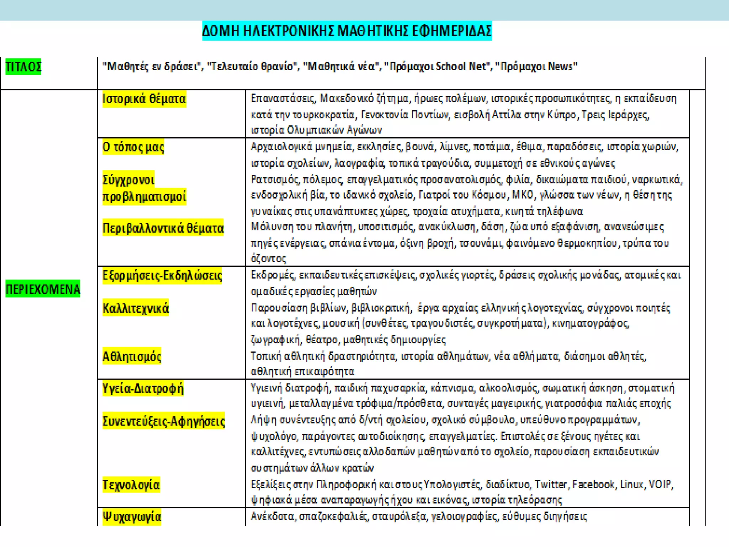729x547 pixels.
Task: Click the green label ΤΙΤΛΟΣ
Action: pyautogui.click(x=23, y=67)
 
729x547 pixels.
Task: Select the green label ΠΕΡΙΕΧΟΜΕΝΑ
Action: pyautogui.click(x=43, y=289)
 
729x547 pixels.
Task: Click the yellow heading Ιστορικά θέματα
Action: pyautogui.click(x=144, y=99)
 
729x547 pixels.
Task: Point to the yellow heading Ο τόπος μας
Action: pyautogui.click(x=133, y=147)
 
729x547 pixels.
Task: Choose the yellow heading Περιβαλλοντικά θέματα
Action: pyautogui.click(x=163, y=228)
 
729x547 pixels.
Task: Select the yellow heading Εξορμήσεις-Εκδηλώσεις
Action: pyautogui.click(x=162, y=275)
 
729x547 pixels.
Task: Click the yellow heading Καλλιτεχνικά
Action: pyautogui.click(x=135, y=308)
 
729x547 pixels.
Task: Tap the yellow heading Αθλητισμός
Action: pyautogui.click(x=132, y=356)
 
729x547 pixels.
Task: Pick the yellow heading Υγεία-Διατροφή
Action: pyautogui.click(x=143, y=388)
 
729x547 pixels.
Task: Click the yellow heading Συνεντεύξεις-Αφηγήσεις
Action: pyautogui.click(x=163, y=421)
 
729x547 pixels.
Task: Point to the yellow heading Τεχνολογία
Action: pyautogui.click(x=131, y=485)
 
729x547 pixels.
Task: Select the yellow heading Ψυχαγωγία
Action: pyautogui.click(x=132, y=516)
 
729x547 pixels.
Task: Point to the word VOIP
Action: pyautogui.click(x=660, y=484)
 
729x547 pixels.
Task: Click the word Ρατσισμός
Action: pyautogui.click(x=274, y=179)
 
